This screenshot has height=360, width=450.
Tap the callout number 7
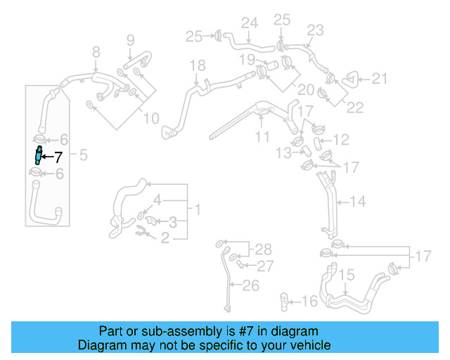58,157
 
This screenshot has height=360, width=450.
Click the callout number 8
96,51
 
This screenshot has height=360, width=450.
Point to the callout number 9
129,41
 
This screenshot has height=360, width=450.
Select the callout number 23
314,30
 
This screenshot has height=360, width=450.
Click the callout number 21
380,79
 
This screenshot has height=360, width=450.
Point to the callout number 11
262,136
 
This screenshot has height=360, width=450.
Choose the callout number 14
358,202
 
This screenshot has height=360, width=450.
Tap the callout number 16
309,302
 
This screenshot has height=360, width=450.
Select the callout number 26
250,285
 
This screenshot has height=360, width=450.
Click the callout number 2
166,239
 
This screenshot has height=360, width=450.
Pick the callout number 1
198,210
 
